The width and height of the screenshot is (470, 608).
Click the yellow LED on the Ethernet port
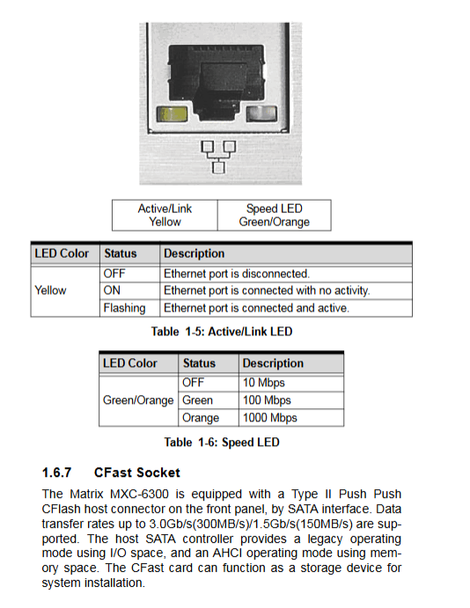[x=172, y=114]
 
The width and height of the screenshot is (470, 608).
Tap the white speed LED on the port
[x=261, y=114]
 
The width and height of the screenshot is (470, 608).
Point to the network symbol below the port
[x=218, y=157]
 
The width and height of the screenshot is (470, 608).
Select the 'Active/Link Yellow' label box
[x=165, y=216]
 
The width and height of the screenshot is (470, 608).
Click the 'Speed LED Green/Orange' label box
[x=275, y=216]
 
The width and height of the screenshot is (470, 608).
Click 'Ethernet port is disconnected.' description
[x=237, y=274]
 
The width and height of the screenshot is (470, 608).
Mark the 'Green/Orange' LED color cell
[x=138, y=400]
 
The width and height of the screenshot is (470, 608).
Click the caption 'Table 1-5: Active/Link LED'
[x=222, y=332]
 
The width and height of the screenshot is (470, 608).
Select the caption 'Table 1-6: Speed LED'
[x=222, y=443]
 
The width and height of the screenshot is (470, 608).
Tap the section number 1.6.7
[x=56, y=472]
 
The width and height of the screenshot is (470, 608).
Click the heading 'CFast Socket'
[x=137, y=472]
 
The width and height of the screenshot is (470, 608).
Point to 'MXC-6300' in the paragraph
[x=140, y=494]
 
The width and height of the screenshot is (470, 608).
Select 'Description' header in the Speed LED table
[x=273, y=363]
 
